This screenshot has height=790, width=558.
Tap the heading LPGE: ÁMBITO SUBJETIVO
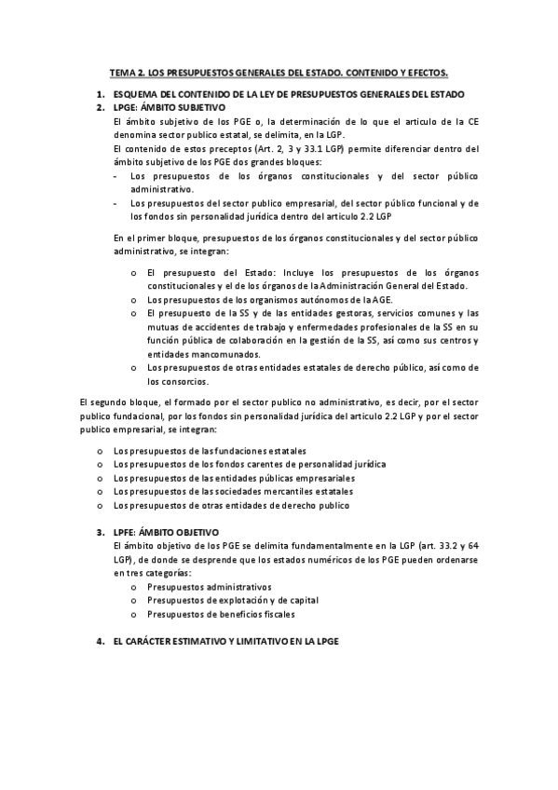pos(163,108)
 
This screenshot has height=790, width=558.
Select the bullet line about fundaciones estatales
pos(210,450)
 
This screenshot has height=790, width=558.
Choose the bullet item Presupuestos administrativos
pos(210,587)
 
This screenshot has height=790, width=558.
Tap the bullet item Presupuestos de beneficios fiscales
pos(222,614)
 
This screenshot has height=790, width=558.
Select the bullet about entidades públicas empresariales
pos(234,478)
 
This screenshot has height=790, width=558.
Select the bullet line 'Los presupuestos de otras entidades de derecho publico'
pos(231,505)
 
